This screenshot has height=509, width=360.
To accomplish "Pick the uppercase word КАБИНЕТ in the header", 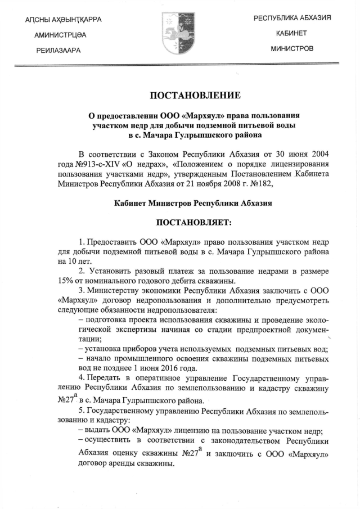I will pyautogui.click(x=292, y=33).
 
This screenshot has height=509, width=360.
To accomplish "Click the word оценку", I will pyautogui.click(x=128, y=454).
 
